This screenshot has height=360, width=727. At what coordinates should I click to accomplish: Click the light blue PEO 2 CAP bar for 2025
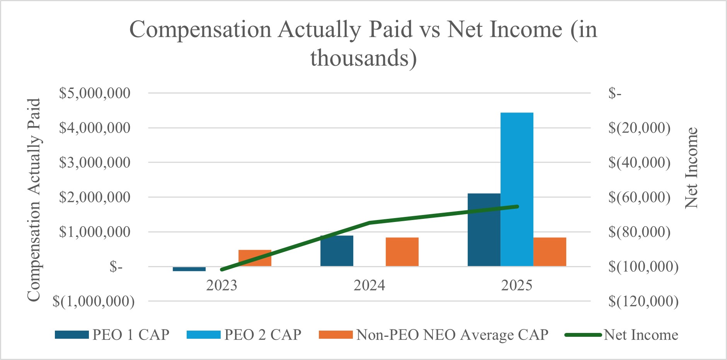517,189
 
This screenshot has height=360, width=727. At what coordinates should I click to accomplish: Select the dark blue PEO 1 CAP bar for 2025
484,230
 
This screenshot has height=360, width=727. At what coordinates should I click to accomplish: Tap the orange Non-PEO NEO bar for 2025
550,252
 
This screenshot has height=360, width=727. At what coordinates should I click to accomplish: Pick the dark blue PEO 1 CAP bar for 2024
337,251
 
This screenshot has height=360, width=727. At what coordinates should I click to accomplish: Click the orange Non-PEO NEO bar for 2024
402,252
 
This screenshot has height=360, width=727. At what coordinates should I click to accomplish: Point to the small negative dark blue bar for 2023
189,269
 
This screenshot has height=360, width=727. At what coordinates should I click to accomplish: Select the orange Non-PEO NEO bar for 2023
255,258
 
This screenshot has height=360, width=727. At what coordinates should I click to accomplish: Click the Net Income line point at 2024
369,223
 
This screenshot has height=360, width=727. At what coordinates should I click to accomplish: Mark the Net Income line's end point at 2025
517,206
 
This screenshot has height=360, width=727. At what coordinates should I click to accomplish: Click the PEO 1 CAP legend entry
112,334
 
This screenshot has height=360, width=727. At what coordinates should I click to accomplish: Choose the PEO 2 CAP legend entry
244,334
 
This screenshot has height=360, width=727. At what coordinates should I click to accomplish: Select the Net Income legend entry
621,334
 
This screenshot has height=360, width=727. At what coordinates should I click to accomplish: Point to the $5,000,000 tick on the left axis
95,93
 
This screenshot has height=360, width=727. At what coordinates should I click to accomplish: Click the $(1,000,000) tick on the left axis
94,301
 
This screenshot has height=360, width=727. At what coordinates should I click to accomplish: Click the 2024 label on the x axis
369,285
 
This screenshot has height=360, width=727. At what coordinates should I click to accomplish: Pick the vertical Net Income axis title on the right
691,168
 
